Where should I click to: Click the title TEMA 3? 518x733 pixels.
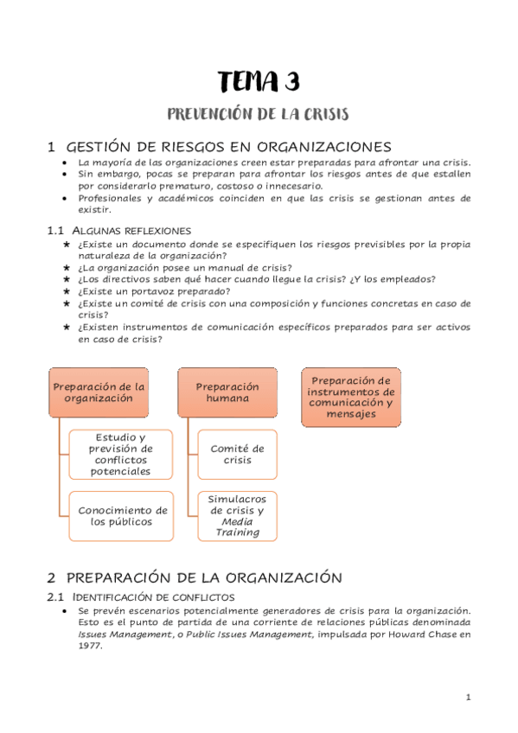tap(259, 82)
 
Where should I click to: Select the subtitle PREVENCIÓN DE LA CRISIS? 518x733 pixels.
tap(259, 115)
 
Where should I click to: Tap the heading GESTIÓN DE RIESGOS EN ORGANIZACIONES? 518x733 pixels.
tap(228, 146)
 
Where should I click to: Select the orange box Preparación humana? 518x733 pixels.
tap(227, 392)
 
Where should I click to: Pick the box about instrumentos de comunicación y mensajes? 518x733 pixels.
tap(351, 398)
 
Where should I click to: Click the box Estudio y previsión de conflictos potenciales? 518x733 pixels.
tap(120, 454)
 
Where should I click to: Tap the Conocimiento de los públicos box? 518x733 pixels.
tap(123, 515)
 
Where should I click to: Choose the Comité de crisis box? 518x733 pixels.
tap(237, 454)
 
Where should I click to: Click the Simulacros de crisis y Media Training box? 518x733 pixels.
tap(237, 515)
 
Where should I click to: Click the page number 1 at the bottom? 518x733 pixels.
tap(468, 698)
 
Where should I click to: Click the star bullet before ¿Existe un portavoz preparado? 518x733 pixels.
tap(67, 291)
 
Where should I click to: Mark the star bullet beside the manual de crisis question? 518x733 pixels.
tap(67, 268)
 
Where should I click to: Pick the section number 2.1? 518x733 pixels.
tap(55, 597)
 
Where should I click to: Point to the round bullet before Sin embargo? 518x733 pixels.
tap(67, 174)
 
